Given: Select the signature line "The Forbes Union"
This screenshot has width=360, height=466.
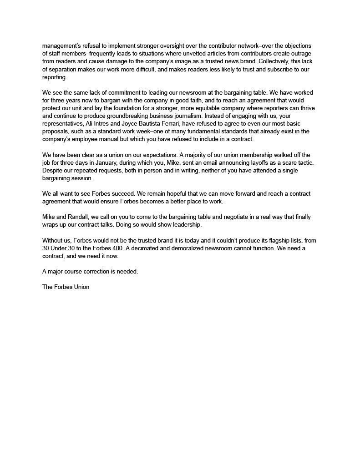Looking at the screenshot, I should click(66, 287).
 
